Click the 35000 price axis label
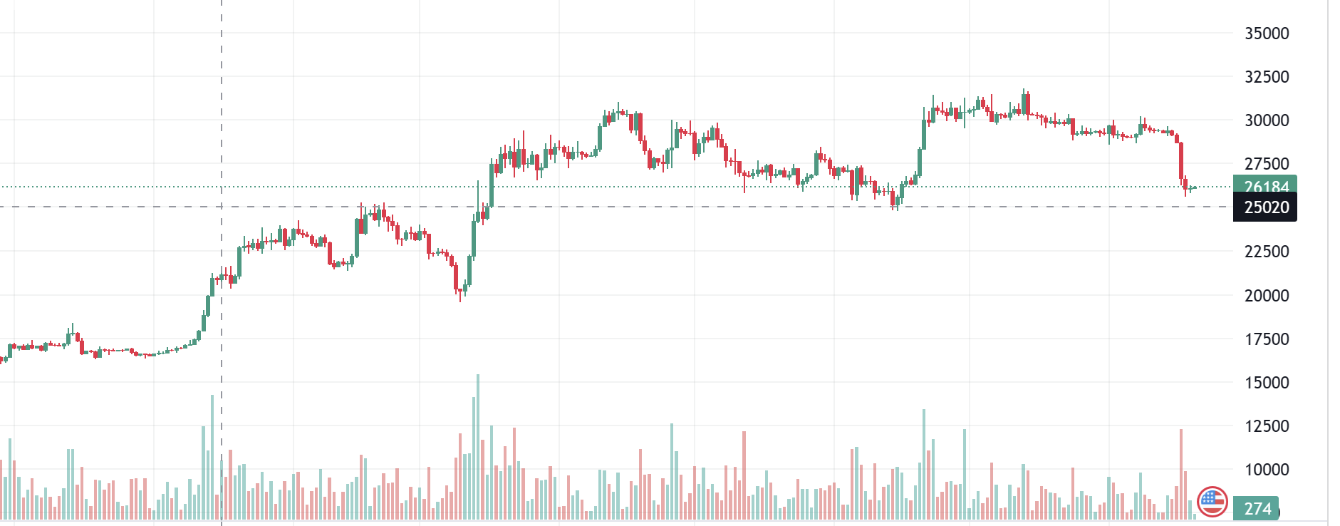[1266, 33]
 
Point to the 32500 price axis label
[1266, 77]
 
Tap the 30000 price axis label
[1266, 120]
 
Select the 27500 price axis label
[1266, 164]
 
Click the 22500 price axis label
[1266, 252]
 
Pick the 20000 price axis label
[1266, 296]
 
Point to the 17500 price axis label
[1266, 339]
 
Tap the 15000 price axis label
[1266, 383]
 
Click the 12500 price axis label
[1266, 426]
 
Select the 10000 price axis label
[1266, 470]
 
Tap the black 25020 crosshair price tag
[1264, 207]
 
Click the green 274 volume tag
[1256, 508]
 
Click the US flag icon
[1212, 502]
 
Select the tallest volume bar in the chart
[478, 445]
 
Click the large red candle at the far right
[1181, 160]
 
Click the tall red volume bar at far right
[1180, 470]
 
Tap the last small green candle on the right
[1193, 188]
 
